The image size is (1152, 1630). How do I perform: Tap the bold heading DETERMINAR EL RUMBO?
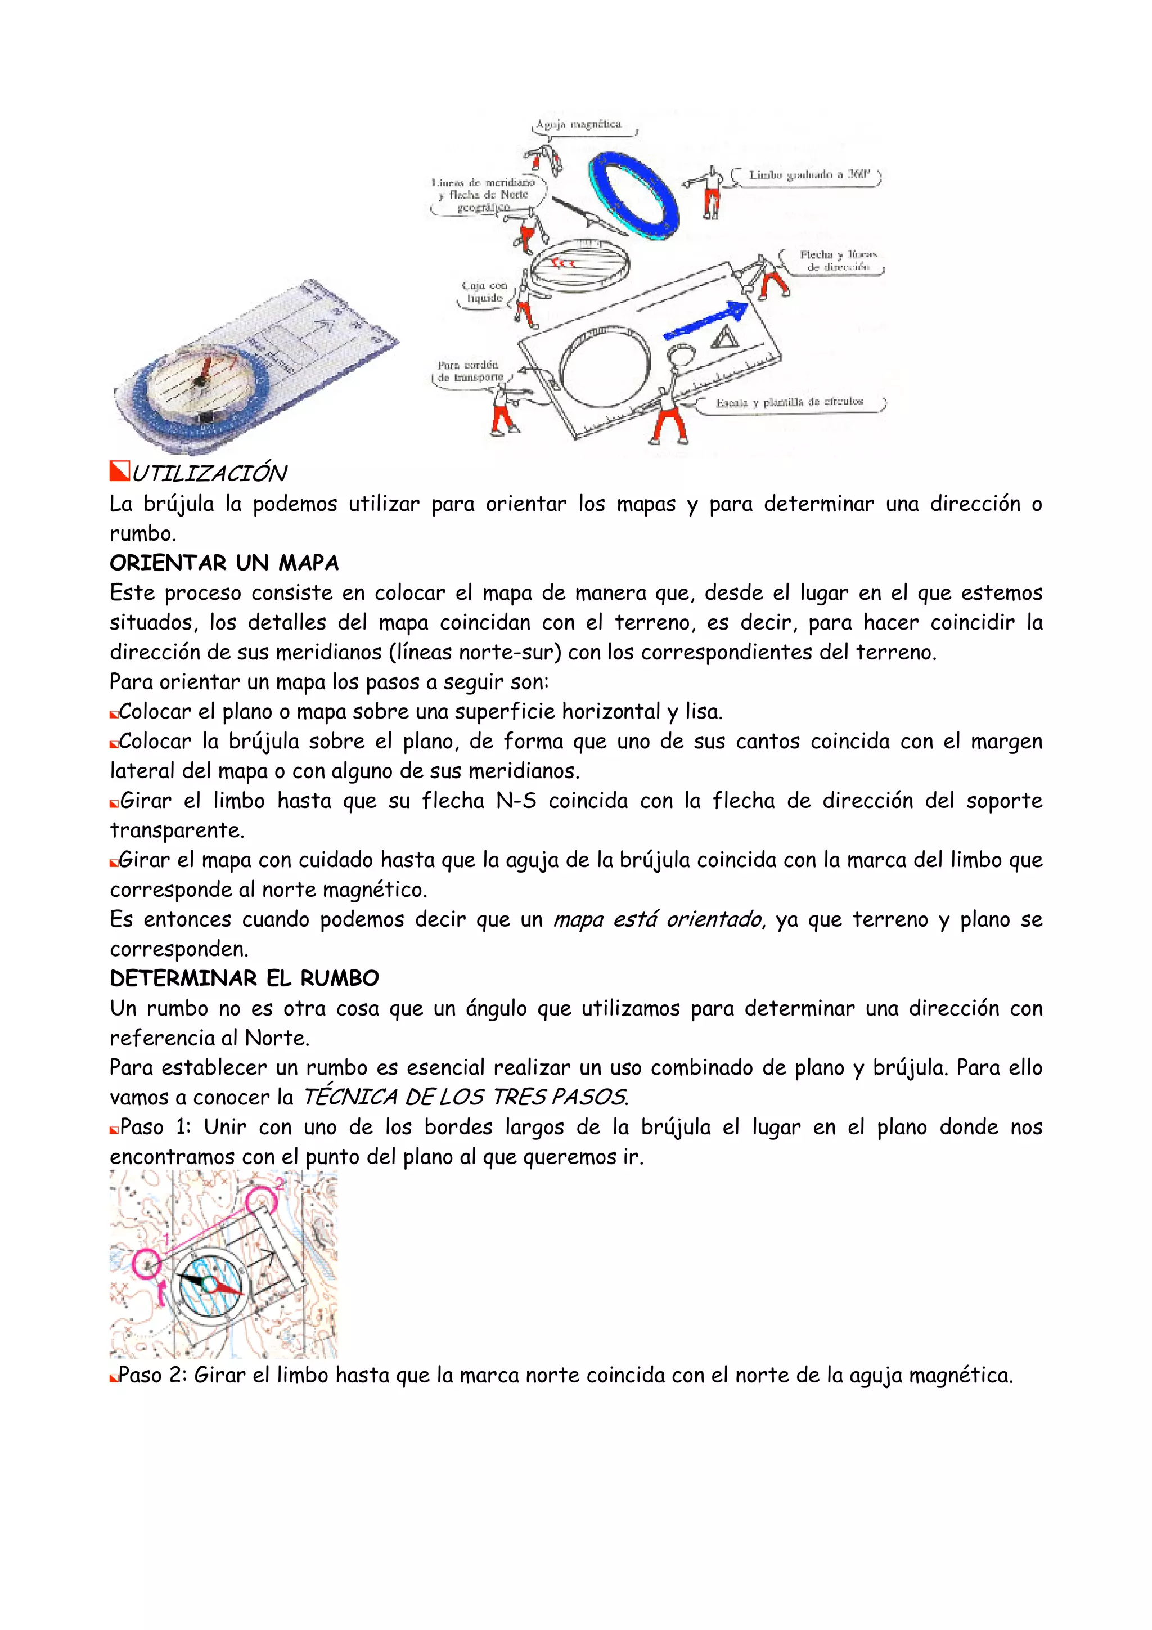coord(244,978)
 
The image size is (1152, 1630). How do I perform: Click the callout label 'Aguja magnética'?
coord(578,124)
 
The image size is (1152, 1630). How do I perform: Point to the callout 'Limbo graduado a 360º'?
coord(808,174)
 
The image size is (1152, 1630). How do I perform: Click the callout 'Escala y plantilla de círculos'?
coord(789,402)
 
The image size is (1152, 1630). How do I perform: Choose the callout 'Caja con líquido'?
coord(484,292)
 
